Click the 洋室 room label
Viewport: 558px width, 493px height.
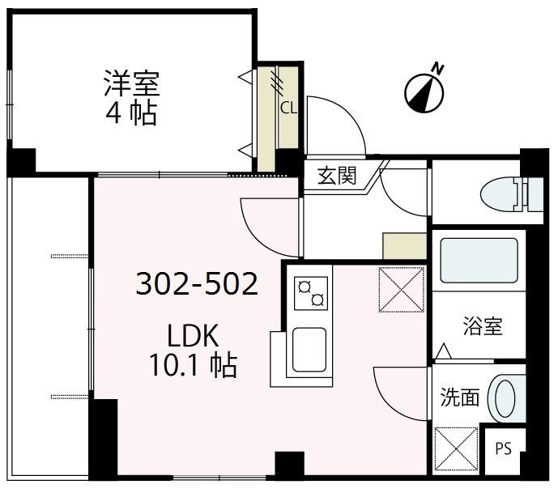pyautogui.click(x=131, y=83)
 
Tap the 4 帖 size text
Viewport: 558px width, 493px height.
pyautogui.click(x=131, y=113)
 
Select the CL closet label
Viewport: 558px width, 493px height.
pyautogui.click(x=287, y=106)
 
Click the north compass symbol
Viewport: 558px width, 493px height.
pyautogui.click(x=425, y=90)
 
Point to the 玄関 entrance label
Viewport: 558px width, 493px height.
pyautogui.click(x=336, y=176)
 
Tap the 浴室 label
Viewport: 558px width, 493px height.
pyautogui.click(x=483, y=326)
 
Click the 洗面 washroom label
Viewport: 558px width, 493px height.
pyautogui.click(x=460, y=397)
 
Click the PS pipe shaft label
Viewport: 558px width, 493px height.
pyautogui.click(x=503, y=448)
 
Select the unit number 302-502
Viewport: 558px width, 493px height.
pyautogui.click(x=197, y=284)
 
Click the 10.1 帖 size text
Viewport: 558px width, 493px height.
pyautogui.click(x=193, y=366)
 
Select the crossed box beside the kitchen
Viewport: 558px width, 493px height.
pyautogui.click(x=401, y=289)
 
